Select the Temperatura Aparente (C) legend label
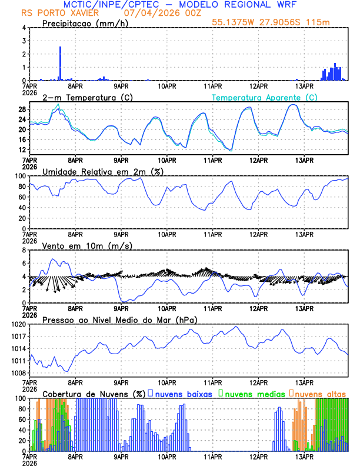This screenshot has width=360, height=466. tap(264, 98)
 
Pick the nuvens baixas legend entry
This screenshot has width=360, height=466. tap(182, 393)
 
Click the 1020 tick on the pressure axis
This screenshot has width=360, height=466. tap(19, 324)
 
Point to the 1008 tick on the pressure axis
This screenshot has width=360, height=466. tap(19, 373)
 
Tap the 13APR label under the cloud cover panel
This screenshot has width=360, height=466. tap(304, 456)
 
